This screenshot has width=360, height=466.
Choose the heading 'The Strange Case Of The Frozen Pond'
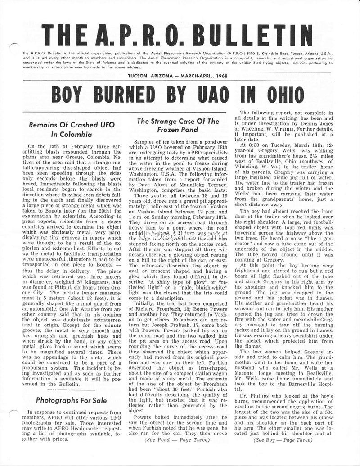coord(178,126)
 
